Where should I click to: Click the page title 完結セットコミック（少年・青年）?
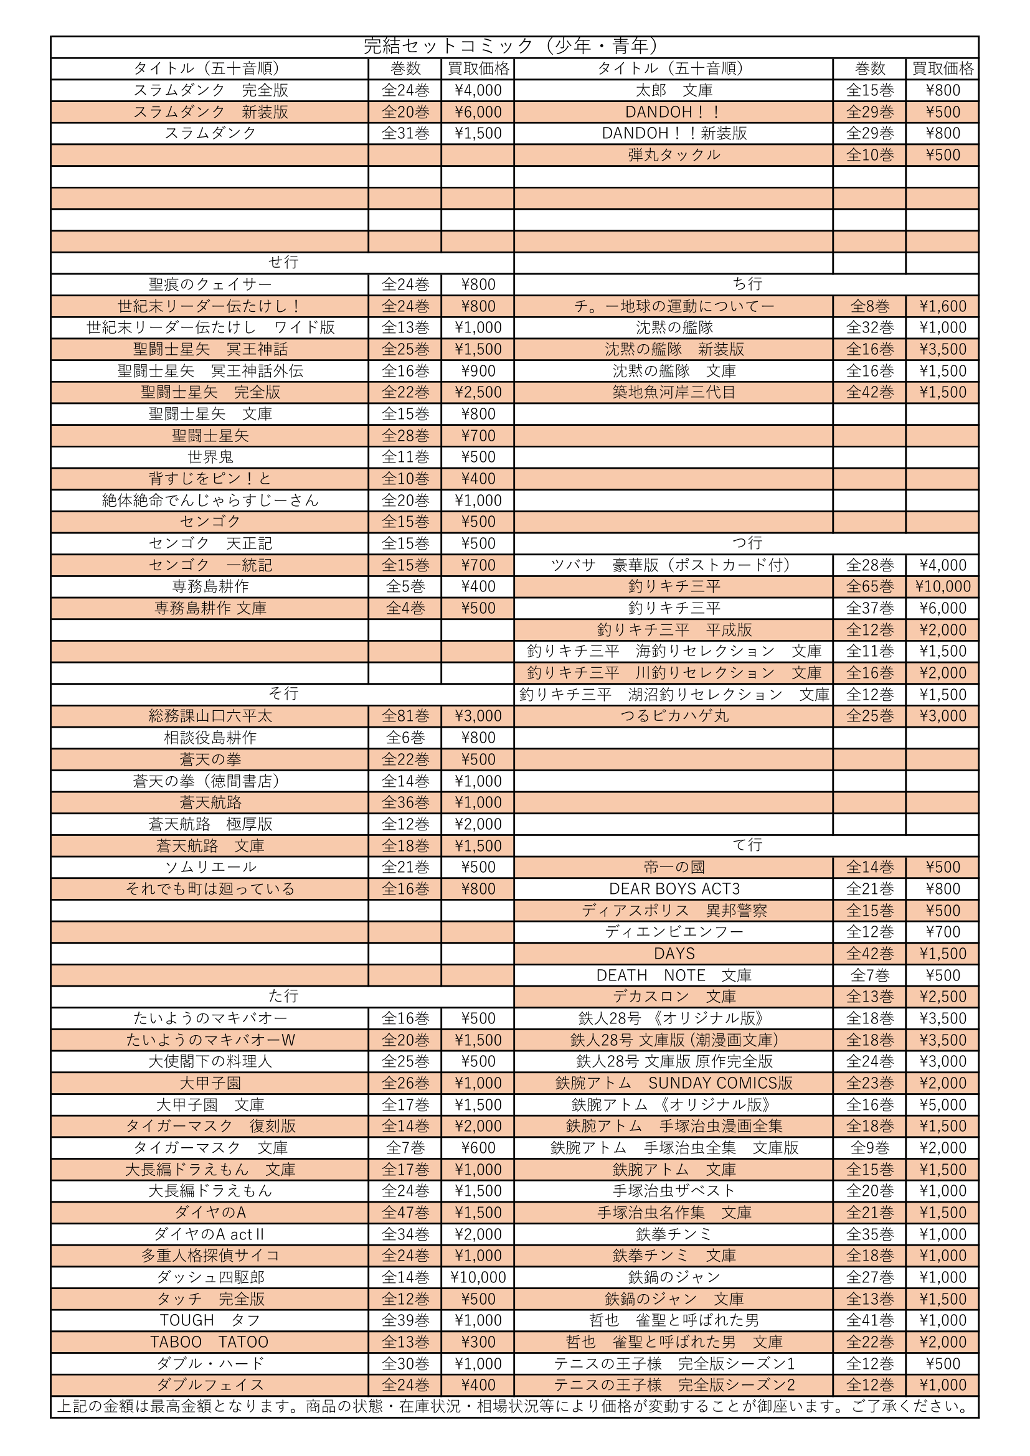pos(514,46)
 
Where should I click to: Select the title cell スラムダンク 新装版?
pos(210,112)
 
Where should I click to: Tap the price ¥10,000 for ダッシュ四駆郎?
pos(478,1277)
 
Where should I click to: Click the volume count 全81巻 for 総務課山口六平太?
pos(405,716)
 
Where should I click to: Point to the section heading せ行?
pos(283,262)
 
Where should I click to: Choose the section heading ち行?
pos(747,284)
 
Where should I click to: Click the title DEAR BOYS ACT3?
pos(674,889)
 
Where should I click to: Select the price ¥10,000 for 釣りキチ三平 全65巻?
pos(942,586)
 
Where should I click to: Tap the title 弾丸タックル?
pos(674,155)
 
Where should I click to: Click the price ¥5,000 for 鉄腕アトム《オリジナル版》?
pos(942,1105)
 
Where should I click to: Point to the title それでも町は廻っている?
pos(210,889)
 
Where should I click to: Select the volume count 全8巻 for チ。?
pos(869,306)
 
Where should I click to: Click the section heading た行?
pos(283,995)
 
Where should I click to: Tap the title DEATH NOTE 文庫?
pos(674,975)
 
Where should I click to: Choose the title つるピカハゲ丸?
pos(674,716)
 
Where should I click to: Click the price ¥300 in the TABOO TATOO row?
pos(478,1342)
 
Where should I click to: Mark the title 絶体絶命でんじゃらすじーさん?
pos(210,500)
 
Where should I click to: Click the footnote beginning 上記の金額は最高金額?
pos(514,1407)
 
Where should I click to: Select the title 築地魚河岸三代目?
pos(674,393)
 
